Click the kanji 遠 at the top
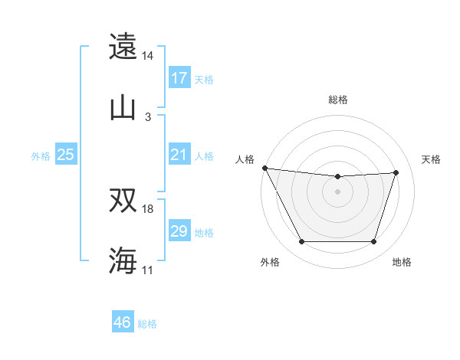coord(123,47)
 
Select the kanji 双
coord(123,200)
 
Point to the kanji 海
coord(123,260)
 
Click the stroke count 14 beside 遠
coord(148,56)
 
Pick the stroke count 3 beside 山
coord(148,116)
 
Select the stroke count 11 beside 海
coord(148,270)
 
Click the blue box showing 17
coord(179,78)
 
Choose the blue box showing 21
coord(179,155)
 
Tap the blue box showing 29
coord(179,231)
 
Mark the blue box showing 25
coord(66,155)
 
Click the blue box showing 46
coord(123,322)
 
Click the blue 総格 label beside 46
coord(147,324)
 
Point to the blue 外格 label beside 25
coord(41,156)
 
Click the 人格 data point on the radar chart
coord(264,168)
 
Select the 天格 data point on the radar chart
coord(396,173)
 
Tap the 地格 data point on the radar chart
coord(374,242)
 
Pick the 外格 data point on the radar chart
coord(301,242)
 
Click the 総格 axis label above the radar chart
coord(338,100)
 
